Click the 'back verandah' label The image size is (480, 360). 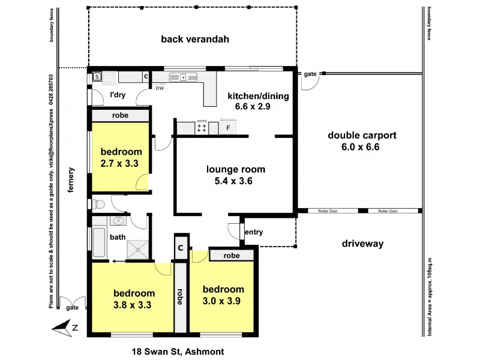click(187, 40)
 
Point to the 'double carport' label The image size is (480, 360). click(362, 134)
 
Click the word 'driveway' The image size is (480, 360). click(362, 244)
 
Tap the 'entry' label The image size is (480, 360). click(254, 232)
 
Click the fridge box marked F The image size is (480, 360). click(229, 128)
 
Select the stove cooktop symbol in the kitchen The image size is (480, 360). click(202, 127)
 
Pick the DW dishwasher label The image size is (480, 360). click(160, 88)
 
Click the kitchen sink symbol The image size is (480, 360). click(179, 76)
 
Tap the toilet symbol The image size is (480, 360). click(98, 203)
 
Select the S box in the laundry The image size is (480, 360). click(97, 77)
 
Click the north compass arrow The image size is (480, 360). click(62, 327)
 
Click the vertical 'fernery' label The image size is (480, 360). click(71, 179)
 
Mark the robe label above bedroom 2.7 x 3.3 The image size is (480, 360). click(120, 115)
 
